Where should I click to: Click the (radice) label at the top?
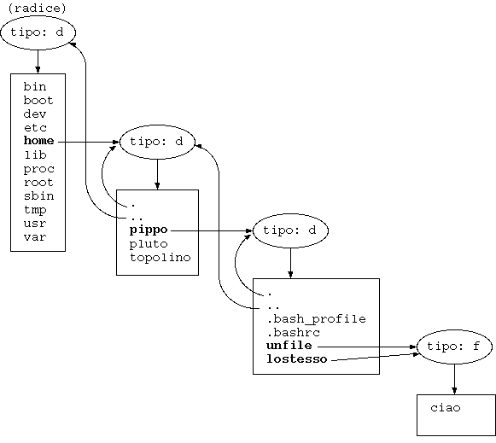click(x=37, y=9)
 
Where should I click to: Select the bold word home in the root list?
click(x=39, y=141)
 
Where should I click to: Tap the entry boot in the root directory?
click(x=38, y=100)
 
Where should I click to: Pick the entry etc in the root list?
click(x=36, y=128)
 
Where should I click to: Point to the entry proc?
click(x=39, y=169)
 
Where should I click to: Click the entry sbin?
click(x=39, y=196)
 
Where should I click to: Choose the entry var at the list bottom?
click(x=35, y=237)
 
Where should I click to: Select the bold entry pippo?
click(x=149, y=230)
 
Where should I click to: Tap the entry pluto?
click(x=149, y=244)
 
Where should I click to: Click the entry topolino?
click(x=160, y=258)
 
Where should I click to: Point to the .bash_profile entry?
click(x=317, y=319)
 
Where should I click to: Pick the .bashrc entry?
click(x=293, y=333)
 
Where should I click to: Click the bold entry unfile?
click(x=289, y=346)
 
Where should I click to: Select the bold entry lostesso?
click(x=297, y=359)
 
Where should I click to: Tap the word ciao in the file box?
click(x=446, y=408)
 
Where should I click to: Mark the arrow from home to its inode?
click(x=89, y=142)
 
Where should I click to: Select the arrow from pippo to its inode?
click(x=212, y=230)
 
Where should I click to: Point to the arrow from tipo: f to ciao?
click(x=454, y=379)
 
